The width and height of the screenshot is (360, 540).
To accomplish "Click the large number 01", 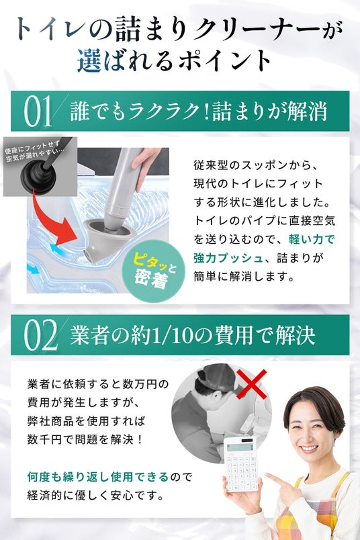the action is (x=38, y=111).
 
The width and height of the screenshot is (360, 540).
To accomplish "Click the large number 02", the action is (x=40, y=335).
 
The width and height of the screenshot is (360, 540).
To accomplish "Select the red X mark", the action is (x=251, y=384).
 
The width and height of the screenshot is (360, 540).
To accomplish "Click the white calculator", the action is (x=241, y=464).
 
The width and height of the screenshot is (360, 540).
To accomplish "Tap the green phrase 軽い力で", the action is (x=312, y=239).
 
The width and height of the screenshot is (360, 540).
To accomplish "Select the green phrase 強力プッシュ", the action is (x=228, y=258).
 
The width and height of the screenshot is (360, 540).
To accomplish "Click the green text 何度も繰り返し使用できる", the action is (x=98, y=477).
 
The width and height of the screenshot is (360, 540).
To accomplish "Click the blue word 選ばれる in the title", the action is (x=125, y=60).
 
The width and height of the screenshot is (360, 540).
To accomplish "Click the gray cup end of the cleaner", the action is (x=103, y=240).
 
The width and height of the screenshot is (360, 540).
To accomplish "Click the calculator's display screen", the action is (x=238, y=447).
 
